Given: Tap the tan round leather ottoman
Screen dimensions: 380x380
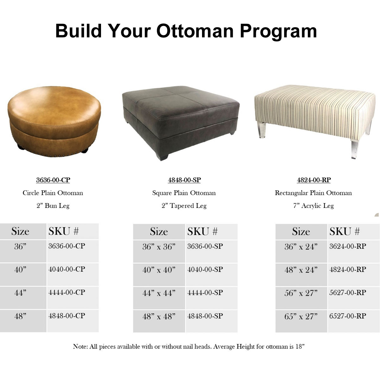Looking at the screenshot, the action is (x=54, y=122).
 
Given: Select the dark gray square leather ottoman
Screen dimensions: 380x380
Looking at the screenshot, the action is (x=180, y=123).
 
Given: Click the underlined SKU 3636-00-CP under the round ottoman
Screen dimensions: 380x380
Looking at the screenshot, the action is (x=53, y=180).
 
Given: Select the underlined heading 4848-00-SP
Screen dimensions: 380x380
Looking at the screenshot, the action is (x=184, y=180).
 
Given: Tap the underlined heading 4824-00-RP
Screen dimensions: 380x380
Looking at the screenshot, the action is (x=314, y=180).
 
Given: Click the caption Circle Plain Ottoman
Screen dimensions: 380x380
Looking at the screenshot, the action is (x=53, y=193).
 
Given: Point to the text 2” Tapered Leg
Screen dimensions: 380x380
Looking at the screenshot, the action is (x=184, y=206).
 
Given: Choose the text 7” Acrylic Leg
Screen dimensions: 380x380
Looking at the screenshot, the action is (x=313, y=206).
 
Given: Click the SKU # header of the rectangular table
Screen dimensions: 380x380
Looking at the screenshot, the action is (x=345, y=231).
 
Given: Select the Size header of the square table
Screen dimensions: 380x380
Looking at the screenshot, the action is (x=159, y=231).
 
